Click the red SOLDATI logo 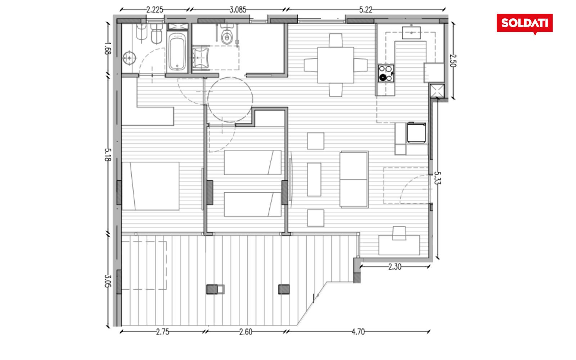(525, 23)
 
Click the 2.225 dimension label (154, 10)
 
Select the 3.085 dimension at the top (238, 10)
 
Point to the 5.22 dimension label (366, 10)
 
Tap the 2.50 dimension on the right (453, 60)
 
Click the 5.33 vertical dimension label (437, 178)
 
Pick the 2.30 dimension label (395, 267)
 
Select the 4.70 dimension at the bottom (358, 332)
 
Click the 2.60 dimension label (246, 332)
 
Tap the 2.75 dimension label (162, 332)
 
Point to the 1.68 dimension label (108, 49)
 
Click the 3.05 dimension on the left (108, 281)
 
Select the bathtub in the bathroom (177, 52)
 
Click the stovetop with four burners (386, 73)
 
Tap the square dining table (336, 65)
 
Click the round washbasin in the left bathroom (129, 58)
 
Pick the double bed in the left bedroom (150, 186)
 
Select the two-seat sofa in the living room (354, 180)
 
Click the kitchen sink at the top (411, 33)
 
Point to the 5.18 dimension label (108, 154)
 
